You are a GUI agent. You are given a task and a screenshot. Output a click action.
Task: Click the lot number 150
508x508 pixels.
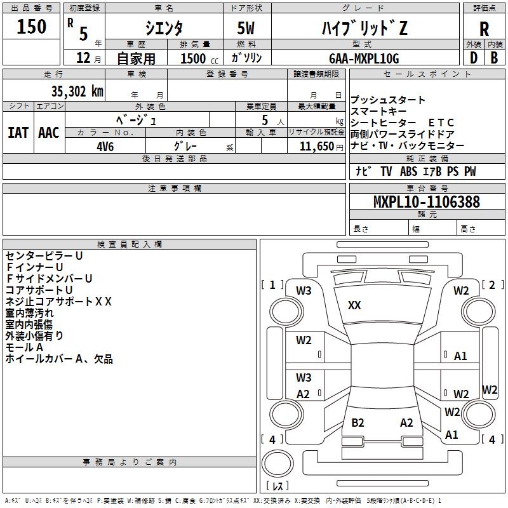[x=31, y=27]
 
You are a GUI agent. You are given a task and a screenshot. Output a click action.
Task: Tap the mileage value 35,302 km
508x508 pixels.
[x=77, y=91]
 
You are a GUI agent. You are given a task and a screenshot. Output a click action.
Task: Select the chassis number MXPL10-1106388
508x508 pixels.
[x=426, y=202]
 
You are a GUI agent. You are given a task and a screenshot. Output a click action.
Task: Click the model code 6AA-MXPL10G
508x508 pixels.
[x=364, y=58]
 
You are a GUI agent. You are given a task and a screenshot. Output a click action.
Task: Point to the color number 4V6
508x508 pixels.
[x=105, y=147]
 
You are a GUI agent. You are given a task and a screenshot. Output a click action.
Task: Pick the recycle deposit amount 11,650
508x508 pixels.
[x=316, y=147]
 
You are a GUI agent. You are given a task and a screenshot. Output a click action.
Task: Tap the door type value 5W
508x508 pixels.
[x=246, y=28]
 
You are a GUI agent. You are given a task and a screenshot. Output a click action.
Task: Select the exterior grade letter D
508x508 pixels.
[x=474, y=58]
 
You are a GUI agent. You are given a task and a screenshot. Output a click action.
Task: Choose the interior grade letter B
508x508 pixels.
[x=494, y=58]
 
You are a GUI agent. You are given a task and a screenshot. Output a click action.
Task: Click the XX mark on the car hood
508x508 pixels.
[x=354, y=305]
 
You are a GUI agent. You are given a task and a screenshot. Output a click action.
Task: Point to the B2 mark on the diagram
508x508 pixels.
[x=358, y=423]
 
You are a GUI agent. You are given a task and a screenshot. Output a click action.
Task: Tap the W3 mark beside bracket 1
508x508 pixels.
[x=304, y=291]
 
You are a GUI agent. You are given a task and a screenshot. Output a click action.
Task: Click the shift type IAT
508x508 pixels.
[x=18, y=133]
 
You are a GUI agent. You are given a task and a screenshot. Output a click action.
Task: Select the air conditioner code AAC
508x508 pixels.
[x=49, y=133]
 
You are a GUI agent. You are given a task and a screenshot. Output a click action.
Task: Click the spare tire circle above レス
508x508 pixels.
[x=277, y=463]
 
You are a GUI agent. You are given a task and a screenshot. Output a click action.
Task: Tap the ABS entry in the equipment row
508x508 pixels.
[x=408, y=171]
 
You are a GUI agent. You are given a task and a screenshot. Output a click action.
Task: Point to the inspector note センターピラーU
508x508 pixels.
[x=44, y=256]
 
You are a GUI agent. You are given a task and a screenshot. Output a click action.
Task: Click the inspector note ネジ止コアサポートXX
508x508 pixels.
[x=58, y=302]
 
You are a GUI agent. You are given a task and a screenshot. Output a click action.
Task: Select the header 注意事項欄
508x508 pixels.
[x=175, y=188]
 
